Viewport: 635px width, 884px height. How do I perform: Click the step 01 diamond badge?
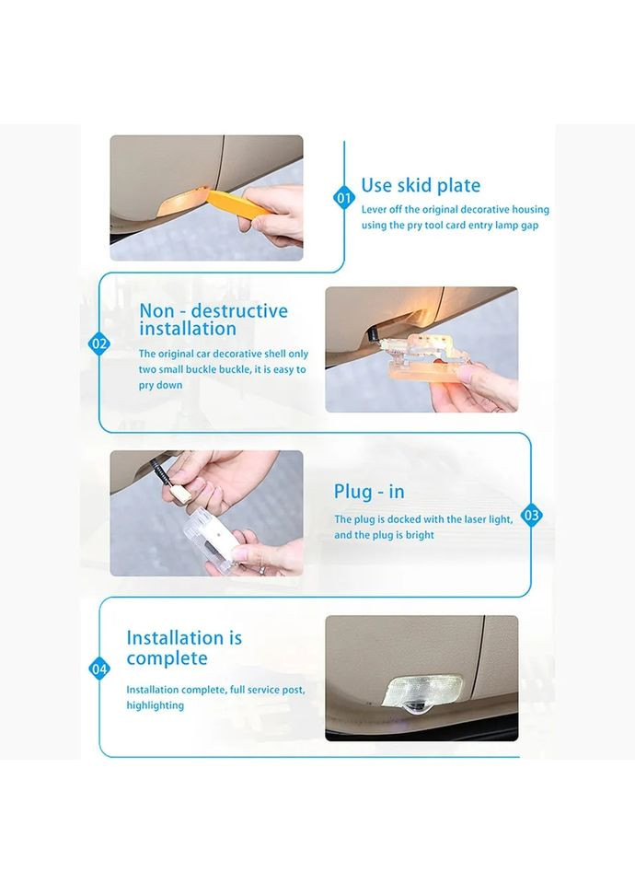(x=343, y=198)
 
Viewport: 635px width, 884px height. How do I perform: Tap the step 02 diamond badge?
(x=99, y=343)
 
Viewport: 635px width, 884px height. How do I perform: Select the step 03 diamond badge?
(x=531, y=516)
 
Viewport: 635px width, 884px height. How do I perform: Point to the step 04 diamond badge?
(x=99, y=669)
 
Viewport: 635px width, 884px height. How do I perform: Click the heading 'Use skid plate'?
(x=421, y=185)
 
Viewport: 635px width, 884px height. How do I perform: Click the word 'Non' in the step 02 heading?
(x=156, y=310)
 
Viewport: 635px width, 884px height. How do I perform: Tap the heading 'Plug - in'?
(x=369, y=492)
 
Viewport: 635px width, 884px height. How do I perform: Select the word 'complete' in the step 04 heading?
(x=167, y=658)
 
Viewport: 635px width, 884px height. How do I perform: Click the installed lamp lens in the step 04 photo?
(x=422, y=692)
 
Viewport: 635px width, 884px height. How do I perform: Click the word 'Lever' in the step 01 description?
(x=375, y=210)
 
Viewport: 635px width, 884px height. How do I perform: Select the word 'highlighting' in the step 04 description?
(x=155, y=706)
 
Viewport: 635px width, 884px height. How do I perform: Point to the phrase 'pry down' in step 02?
(x=160, y=386)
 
